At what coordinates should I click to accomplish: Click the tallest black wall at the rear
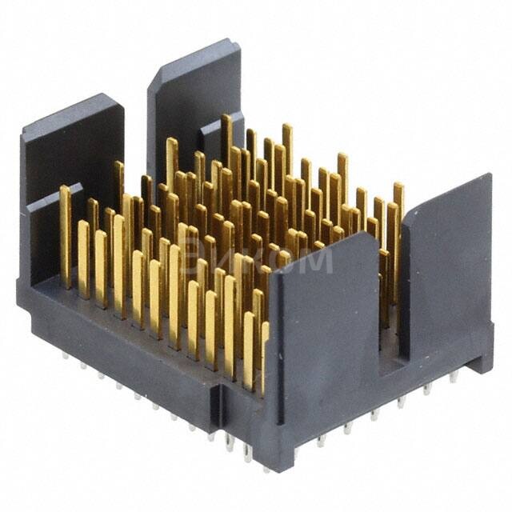point(192,96)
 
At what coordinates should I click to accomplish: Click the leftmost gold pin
point(65,232)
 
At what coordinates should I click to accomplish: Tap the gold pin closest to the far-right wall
point(397,232)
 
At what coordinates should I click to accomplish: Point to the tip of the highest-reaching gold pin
point(226,118)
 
